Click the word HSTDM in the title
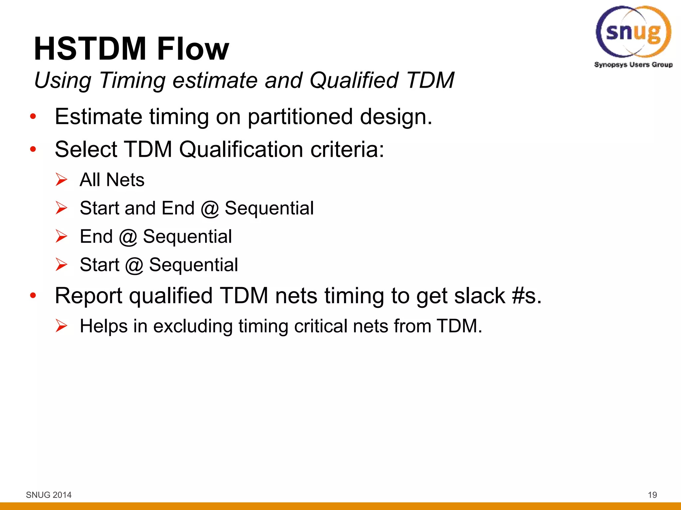click(x=90, y=49)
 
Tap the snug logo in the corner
click(x=633, y=32)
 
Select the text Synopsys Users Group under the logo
click(x=633, y=65)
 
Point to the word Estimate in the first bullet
click(x=98, y=117)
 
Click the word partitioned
click(x=300, y=117)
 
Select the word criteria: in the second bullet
click(x=347, y=149)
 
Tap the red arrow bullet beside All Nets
click(x=62, y=180)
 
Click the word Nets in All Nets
click(x=125, y=180)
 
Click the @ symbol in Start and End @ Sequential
click(x=209, y=209)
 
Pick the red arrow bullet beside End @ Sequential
click(x=62, y=236)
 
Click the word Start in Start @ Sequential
click(x=99, y=265)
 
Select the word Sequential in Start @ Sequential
click(x=193, y=265)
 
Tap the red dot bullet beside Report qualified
click(x=33, y=295)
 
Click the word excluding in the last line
click(x=193, y=326)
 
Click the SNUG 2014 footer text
click(x=49, y=495)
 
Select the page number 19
click(x=652, y=495)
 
